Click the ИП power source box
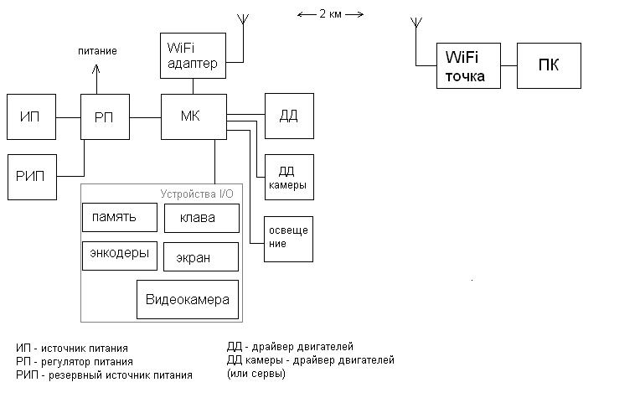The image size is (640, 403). tap(31, 116)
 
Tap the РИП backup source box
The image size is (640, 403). tap(31, 177)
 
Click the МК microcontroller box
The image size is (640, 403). tap(194, 116)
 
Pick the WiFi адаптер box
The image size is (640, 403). tap(194, 55)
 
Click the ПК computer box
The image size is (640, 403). tap(549, 65)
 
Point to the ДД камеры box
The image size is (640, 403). tap(289, 177)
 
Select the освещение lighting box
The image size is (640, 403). tap(289, 238)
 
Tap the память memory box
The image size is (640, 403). tap(121, 217)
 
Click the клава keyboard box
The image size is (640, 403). tap(201, 219)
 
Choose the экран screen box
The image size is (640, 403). tap(201, 257)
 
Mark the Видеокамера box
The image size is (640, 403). tap(188, 300)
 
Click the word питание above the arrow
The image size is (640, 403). tap(97, 51)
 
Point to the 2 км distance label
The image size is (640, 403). tap(330, 13)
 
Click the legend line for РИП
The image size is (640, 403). tap(104, 375)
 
